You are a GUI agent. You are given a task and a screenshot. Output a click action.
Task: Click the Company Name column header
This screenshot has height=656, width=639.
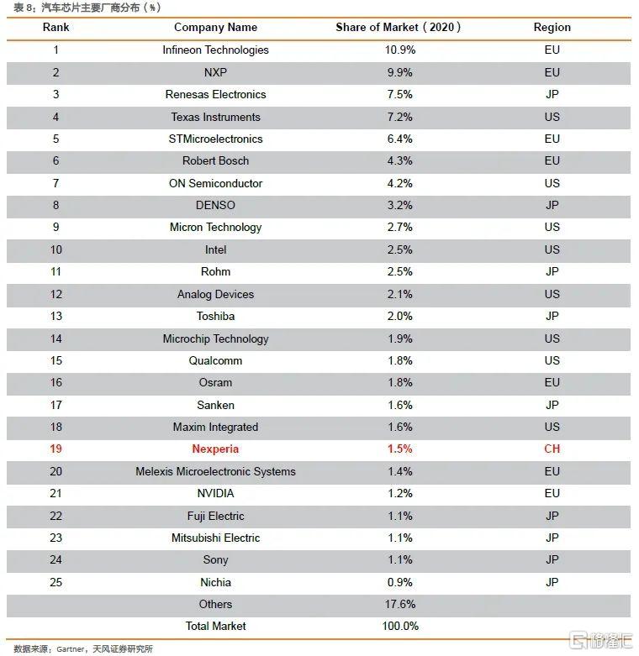(x=215, y=28)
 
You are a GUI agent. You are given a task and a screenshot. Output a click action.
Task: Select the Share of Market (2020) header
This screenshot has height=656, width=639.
(x=399, y=28)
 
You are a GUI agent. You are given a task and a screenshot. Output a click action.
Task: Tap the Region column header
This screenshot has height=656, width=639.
(x=552, y=28)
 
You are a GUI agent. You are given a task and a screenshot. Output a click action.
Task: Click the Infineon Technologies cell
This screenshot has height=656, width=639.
(x=215, y=50)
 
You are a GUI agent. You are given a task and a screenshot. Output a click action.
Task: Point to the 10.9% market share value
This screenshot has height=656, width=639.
(x=400, y=50)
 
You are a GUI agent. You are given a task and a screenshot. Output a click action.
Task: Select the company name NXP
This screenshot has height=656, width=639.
(x=215, y=72)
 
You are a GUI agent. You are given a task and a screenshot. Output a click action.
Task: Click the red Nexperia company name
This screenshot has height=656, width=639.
(x=215, y=449)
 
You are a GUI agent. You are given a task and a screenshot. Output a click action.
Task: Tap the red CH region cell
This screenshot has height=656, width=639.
(x=552, y=449)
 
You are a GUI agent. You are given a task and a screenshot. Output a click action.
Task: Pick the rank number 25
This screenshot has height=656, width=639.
(x=56, y=582)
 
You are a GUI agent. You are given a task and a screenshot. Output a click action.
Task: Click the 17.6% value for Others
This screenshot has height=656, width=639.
(x=400, y=605)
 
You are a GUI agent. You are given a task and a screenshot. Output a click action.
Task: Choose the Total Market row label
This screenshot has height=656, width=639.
(x=215, y=627)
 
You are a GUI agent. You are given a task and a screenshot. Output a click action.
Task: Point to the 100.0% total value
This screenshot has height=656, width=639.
(x=400, y=627)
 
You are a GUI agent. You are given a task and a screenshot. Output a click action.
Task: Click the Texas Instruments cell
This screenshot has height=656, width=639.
(x=215, y=117)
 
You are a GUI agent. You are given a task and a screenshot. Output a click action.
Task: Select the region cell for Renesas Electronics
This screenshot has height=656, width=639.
(x=552, y=95)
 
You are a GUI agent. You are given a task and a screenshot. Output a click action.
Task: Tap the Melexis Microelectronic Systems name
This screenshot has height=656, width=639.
(x=215, y=472)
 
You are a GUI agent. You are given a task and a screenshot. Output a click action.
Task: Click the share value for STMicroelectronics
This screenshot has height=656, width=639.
(x=400, y=139)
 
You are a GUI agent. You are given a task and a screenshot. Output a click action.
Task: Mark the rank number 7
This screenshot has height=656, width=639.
(x=56, y=183)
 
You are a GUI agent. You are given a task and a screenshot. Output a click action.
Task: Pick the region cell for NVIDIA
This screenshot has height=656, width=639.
(x=552, y=494)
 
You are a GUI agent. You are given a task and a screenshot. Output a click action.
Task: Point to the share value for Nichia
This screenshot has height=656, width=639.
(x=400, y=582)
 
